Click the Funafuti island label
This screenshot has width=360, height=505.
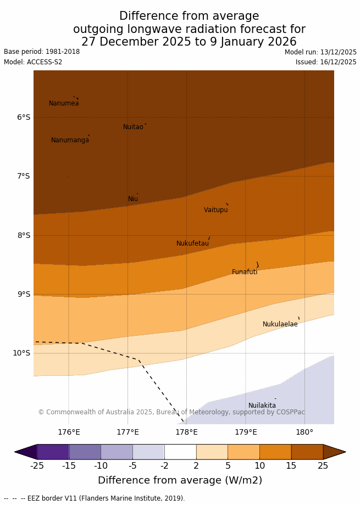pos(245,272)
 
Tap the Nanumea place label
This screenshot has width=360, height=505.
pos(64,103)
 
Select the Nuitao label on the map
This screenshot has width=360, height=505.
pos(133,127)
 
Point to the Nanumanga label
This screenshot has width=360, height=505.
pos(70,140)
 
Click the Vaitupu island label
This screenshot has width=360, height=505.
pos(215,210)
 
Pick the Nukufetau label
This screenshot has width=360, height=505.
pos(192,243)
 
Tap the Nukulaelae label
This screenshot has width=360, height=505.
pos(280,324)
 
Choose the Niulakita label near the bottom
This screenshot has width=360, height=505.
pos(262,406)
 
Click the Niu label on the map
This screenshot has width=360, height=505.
pos(133,199)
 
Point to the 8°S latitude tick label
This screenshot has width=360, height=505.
pos(24,235)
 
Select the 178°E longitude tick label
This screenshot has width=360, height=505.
pos(186,432)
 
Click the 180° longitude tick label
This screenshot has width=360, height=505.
pos(304,432)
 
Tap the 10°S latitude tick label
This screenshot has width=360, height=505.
pos(21,353)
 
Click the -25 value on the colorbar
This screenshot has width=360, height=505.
pos(37,466)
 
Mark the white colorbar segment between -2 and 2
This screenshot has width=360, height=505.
pos(180,452)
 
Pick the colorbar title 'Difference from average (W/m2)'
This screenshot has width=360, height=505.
pos(180,480)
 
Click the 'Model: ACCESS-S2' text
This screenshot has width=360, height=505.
pos(33,62)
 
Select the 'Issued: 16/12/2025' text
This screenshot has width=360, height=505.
pos(326,62)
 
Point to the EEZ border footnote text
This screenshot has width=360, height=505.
pos(94,498)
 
